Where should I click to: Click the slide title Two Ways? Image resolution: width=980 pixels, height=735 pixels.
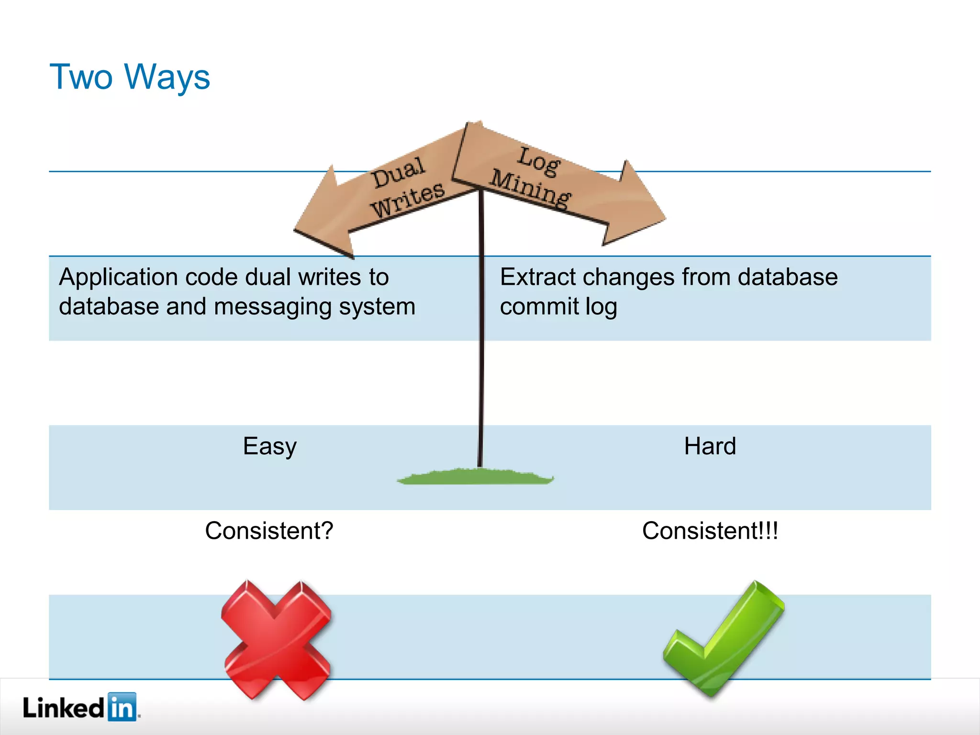(130, 77)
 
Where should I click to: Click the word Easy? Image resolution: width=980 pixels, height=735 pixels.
(269, 446)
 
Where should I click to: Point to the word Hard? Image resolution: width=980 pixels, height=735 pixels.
(710, 446)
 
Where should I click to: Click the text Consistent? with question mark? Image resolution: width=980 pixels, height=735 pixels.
(269, 531)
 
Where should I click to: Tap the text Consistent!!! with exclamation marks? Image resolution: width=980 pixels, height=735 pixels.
(710, 531)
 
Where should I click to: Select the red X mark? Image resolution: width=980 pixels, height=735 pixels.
(277, 640)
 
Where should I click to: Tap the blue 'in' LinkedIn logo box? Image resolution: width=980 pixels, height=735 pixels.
(122, 707)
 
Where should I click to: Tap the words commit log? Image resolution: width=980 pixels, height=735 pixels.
(558, 307)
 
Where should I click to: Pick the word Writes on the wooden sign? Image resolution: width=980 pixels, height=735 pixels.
(408, 200)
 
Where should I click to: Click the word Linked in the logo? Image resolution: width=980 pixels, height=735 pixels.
(63, 707)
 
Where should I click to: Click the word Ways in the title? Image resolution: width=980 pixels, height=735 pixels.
(167, 78)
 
